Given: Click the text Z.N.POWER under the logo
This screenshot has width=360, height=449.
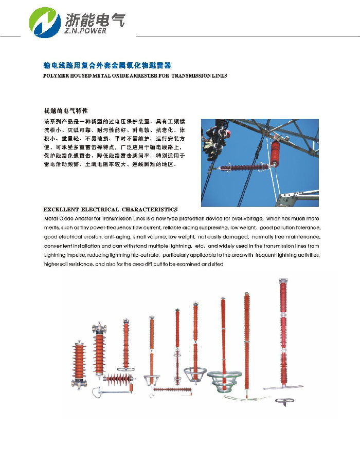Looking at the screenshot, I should [86, 31].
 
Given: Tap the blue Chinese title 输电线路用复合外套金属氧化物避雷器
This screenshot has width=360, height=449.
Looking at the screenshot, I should [107, 66].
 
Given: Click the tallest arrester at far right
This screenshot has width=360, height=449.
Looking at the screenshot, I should [283, 334].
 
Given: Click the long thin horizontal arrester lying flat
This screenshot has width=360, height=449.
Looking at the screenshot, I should [172, 390].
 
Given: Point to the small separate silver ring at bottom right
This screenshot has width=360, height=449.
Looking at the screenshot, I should [283, 402].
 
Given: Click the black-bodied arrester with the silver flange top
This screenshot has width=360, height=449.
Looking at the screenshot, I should [99, 354].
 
